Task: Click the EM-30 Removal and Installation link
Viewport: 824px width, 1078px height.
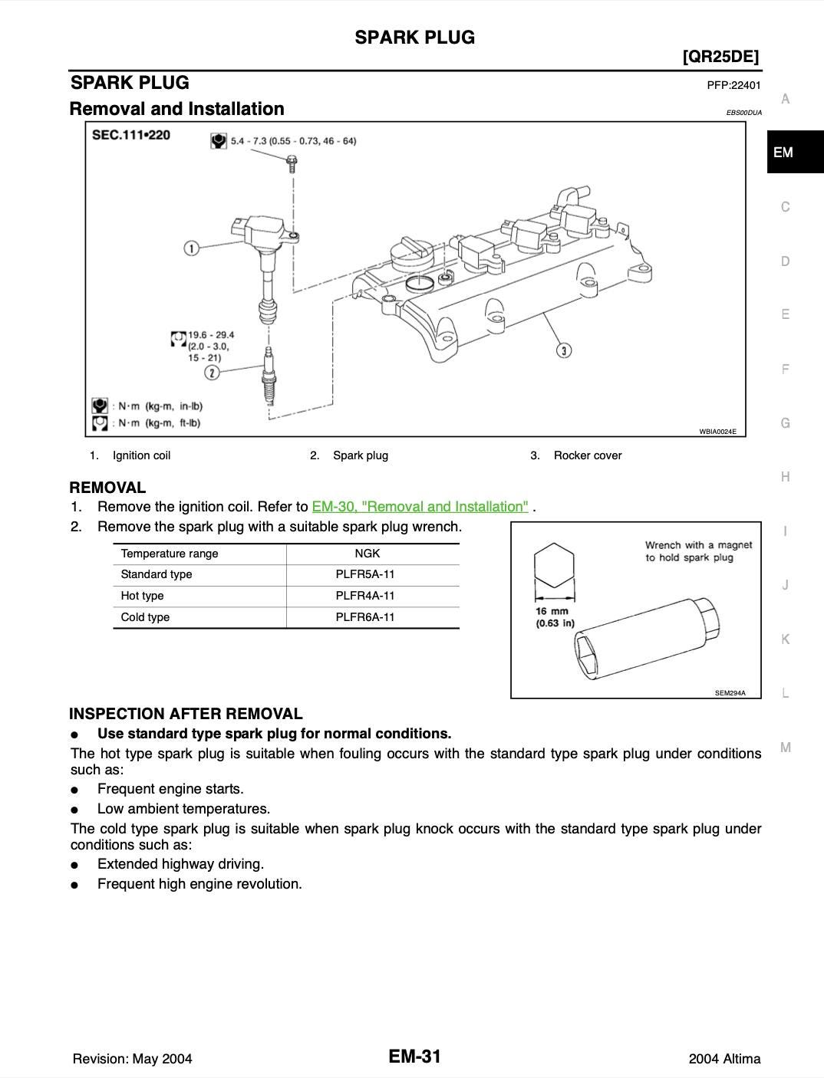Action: point(420,507)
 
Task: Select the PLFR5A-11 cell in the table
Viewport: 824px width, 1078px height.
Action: point(365,574)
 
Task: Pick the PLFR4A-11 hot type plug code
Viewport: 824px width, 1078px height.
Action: point(365,596)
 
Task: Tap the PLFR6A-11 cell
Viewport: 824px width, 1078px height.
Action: point(365,617)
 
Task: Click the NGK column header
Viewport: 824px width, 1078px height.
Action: point(367,554)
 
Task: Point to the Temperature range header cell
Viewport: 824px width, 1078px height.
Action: point(170,554)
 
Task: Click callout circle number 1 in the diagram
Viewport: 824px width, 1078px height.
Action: point(192,248)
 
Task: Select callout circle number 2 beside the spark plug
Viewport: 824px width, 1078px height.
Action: point(213,373)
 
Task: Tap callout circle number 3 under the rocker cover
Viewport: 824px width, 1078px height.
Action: point(564,350)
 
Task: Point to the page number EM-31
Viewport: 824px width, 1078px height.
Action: point(415,1057)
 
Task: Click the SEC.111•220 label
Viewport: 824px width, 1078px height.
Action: point(131,135)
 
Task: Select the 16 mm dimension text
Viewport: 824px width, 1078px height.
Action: point(552,612)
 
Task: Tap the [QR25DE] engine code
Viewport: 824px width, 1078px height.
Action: point(720,57)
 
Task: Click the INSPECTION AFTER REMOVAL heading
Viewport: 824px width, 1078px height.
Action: point(186,714)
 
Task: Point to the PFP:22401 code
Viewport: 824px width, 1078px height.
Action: point(733,85)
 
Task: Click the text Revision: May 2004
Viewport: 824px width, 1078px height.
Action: point(132,1059)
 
